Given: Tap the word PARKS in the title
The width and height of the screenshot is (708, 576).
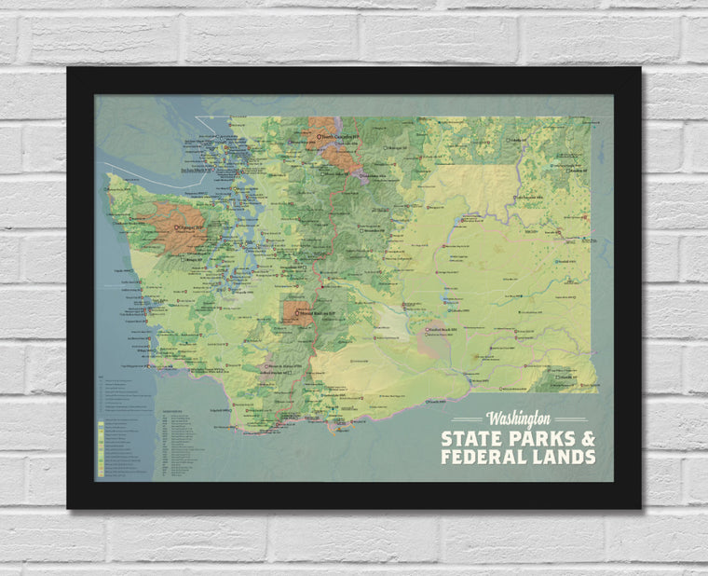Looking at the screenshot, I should point(539,438).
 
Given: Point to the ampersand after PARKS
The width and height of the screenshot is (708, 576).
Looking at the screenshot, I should point(587,438).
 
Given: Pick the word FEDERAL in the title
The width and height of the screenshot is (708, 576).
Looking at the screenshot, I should point(484,457).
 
